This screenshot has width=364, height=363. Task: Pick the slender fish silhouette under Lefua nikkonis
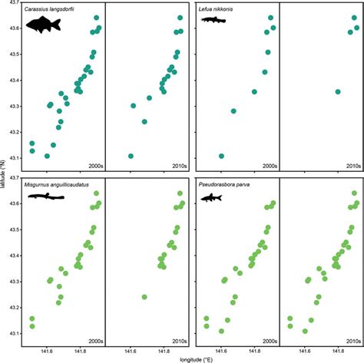(x=213, y=19)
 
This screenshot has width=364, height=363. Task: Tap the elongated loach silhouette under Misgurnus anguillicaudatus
(x=45, y=196)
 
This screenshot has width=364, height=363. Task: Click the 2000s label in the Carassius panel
(x=96, y=165)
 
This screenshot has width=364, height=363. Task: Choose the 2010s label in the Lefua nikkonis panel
(x=352, y=165)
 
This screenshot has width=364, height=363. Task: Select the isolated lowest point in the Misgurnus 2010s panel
(x=144, y=296)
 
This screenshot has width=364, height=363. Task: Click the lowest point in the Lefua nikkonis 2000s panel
(x=222, y=156)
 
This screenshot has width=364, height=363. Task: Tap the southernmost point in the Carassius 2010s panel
(x=131, y=156)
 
